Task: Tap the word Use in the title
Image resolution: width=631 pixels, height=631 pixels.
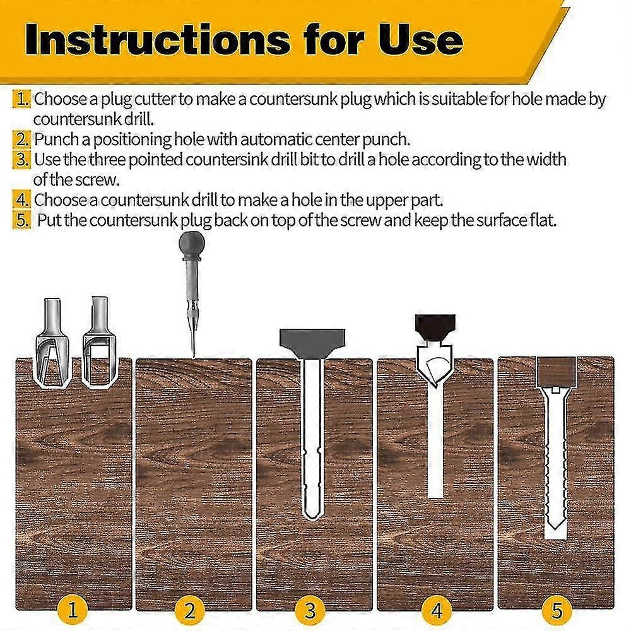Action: click(x=420, y=39)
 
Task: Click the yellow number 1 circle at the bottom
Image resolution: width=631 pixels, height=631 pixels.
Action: click(x=73, y=610)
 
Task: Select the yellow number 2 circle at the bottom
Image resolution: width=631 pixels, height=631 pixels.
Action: click(x=189, y=610)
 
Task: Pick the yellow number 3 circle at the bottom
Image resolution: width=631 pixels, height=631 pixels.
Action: click(x=310, y=610)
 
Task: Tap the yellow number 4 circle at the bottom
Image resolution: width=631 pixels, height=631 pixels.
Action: click(x=437, y=610)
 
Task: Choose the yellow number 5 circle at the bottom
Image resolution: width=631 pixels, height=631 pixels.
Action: click(x=557, y=610)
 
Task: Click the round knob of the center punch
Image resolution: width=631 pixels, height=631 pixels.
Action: click(x=192, y=244)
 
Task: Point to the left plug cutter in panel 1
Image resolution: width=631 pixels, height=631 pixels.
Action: click(x=53, y=343)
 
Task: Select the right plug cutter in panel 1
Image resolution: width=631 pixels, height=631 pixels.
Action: click(x=99, y=343)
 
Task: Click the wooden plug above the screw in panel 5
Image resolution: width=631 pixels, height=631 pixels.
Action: click(x=556, y=371)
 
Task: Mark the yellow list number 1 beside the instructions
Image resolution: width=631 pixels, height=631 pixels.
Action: click(x=21, y=99)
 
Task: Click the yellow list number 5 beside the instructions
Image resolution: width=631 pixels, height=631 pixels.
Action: click(x=21, y=220)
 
